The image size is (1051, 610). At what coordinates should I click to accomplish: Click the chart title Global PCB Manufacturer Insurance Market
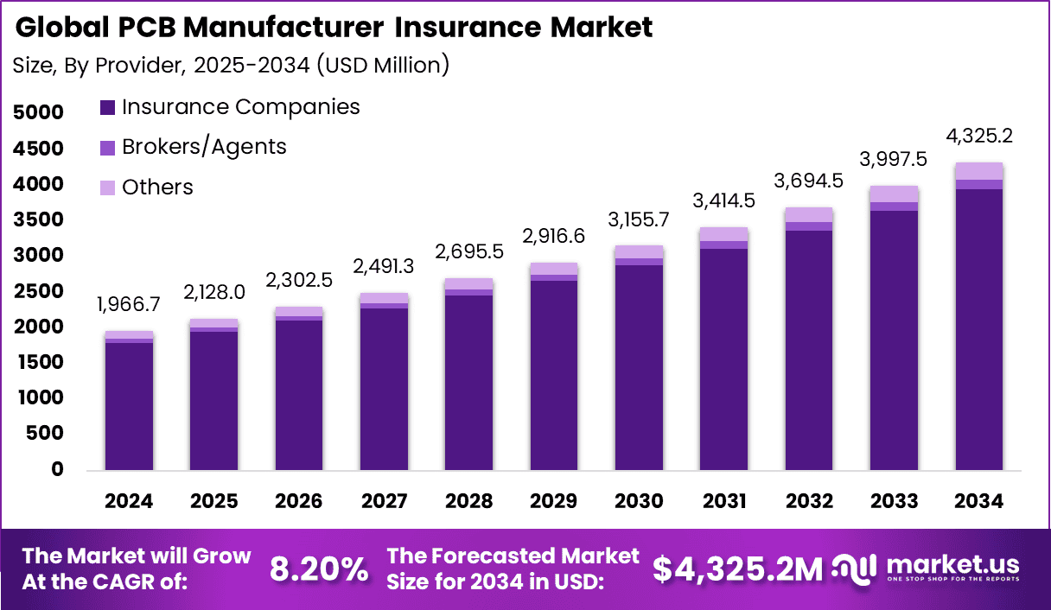(x=334, y=28)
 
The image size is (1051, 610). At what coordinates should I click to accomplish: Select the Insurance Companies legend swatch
(x=107, y=108)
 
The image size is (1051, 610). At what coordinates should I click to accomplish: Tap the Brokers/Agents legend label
(x=204, y=147)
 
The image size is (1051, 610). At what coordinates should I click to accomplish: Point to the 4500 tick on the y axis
(x=38, y=149)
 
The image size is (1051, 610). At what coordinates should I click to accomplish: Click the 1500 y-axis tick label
(x=38, y=363)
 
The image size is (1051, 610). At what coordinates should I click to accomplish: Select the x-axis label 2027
(x=384, y=501)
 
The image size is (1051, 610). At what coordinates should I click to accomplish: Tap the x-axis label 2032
(x=809, y=501)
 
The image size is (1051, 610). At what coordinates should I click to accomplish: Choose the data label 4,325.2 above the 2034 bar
(x=978, y=136)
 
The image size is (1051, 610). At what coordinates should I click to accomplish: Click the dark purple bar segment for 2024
(x=130, y=406)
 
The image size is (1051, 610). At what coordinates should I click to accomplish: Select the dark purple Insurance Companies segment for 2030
(x=639, y=367)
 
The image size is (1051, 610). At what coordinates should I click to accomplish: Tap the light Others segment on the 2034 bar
(x=978, y=171)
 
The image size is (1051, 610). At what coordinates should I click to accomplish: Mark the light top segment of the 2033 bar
(x=894, y=194)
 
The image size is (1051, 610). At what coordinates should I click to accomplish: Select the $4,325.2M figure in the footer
(x=737, y=569)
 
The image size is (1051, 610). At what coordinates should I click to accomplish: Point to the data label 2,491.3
(x=384, y=267)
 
